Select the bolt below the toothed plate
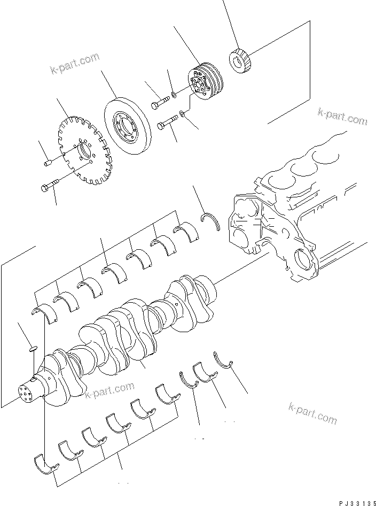pos(49,187)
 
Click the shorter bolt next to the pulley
pos(158,103)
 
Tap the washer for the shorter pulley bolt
pos(175,96)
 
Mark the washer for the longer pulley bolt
pos(183,113)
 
